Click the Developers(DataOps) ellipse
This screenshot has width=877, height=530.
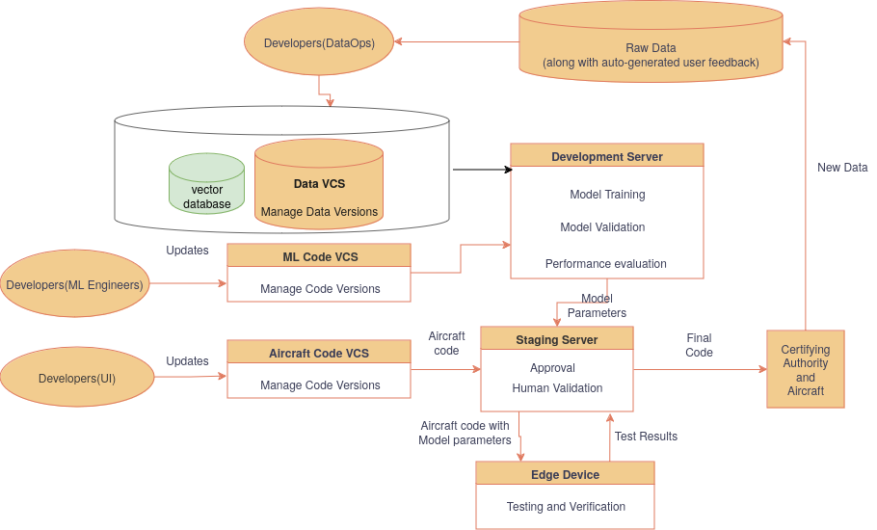pos(319,43)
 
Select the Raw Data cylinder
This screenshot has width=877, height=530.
pos(651,48)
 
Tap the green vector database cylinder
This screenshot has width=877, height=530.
pos(206,185)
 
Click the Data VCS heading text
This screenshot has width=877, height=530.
pos(319,183)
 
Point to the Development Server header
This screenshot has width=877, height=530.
pos(607,156)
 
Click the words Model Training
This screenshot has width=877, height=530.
pos(607,195)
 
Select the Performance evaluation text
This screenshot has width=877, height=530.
pos(605,264)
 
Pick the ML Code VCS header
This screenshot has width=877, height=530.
pos(319,255)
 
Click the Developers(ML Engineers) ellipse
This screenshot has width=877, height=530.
pos(74,284)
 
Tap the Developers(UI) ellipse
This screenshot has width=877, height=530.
pos(77,378)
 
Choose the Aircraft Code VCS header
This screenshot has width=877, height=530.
pos(319,353)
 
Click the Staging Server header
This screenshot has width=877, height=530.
pos(556,339)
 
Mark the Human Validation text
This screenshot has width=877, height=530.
pos(557,388)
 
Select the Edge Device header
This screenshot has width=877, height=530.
pos(565,474)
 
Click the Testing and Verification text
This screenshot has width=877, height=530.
pos(566,507)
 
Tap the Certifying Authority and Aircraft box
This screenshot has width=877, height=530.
pos(805,370)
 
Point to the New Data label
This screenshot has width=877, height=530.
pos(842,168)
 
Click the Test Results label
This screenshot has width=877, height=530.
pos(646,437)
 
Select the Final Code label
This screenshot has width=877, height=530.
pos(699,345)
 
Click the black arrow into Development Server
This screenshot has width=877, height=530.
pos(482,170)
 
